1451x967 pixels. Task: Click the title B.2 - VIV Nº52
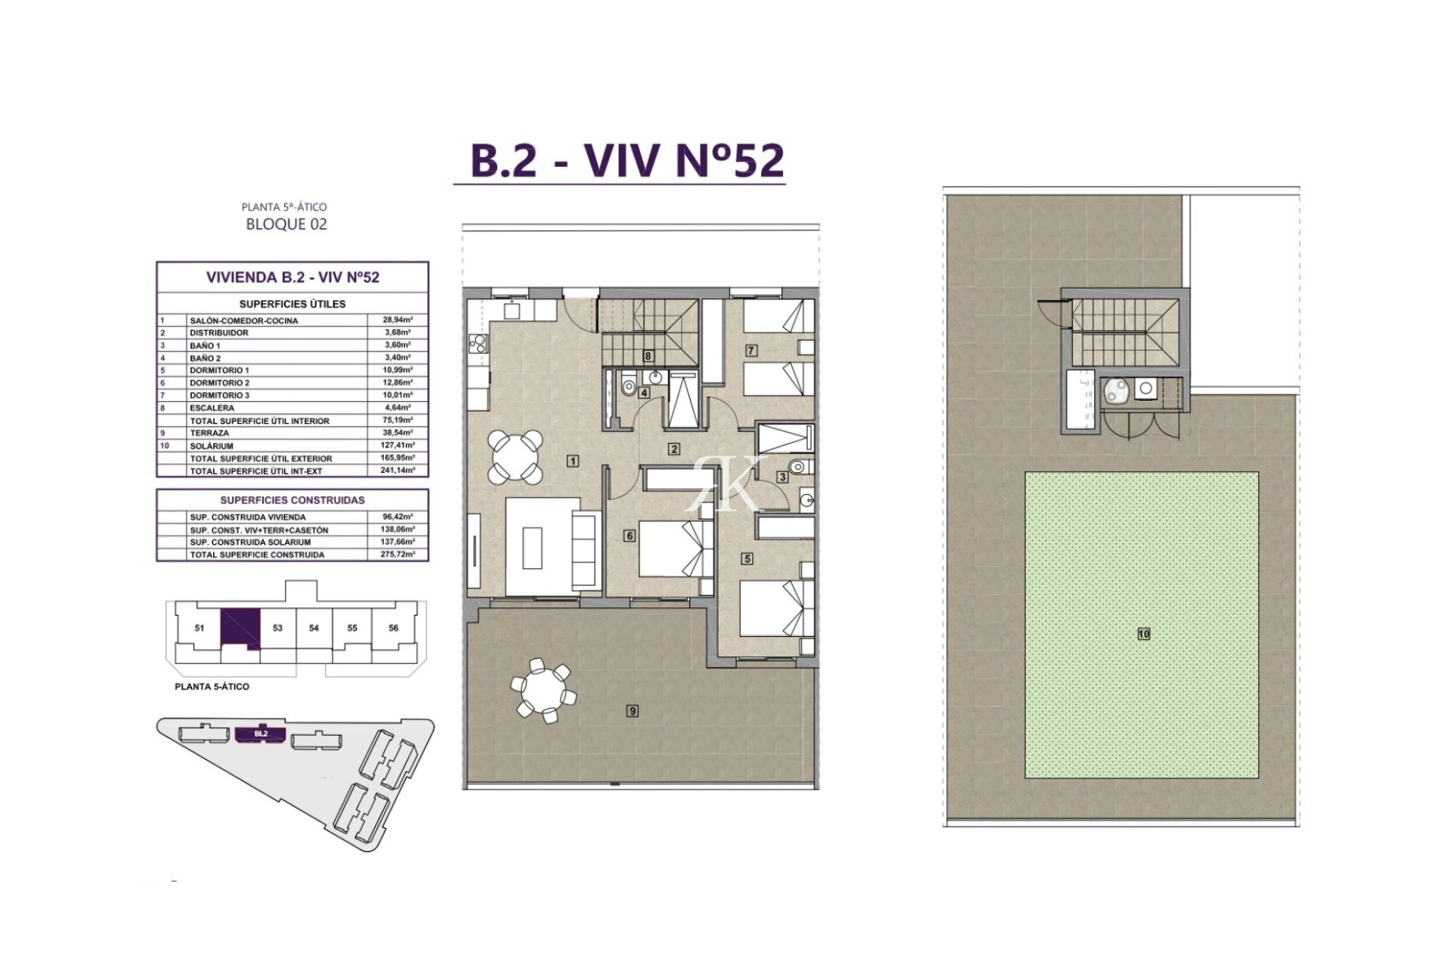tap(627, 160)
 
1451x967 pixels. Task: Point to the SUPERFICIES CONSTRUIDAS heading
tap(292, 500)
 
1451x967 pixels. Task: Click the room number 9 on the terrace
tap(633, 710)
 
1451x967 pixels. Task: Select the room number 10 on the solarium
tap(1143, 634)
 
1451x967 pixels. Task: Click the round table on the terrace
tap(543, 690)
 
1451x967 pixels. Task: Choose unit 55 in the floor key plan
tap(352, 628)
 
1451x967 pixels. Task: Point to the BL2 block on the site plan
tap(261, 734)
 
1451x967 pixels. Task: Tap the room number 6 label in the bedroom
tap(629, 536)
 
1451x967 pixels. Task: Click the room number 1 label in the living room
tap(574, 461)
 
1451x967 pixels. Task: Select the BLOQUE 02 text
tap(286, 224)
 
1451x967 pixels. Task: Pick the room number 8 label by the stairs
tap(648, 356)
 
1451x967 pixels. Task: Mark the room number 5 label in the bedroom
tap(747, 559)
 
